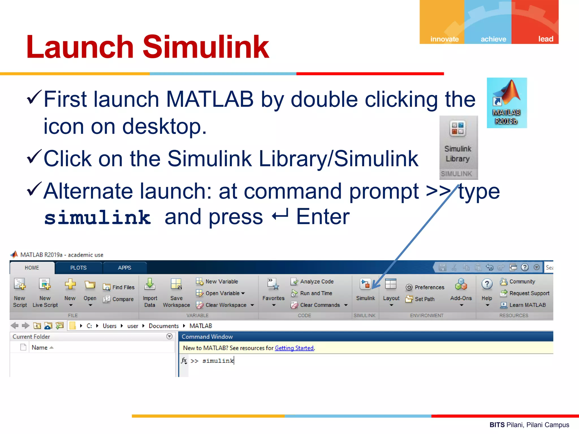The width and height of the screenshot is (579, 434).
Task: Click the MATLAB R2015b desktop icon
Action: point(507,102)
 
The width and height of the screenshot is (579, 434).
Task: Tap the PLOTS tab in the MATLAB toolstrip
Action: point(78,268)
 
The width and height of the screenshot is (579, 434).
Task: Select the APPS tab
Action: point(124,268)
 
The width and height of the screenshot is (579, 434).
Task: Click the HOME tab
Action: point(32,268)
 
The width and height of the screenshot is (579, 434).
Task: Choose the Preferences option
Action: point(425,287)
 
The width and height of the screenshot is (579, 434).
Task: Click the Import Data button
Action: point(150,291)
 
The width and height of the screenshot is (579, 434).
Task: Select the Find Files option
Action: point(119,287)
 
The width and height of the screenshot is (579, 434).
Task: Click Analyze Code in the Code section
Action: point(312,281)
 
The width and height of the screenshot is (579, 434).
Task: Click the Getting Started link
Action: point(294,348)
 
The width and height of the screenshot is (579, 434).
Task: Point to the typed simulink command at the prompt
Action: point(218,361)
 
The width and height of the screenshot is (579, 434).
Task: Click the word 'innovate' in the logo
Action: point(444,39)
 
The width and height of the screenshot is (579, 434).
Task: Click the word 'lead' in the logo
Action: point(545,39)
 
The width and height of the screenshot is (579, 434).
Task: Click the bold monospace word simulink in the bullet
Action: point(98,218)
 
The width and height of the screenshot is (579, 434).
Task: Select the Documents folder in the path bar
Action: point(164,326)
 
